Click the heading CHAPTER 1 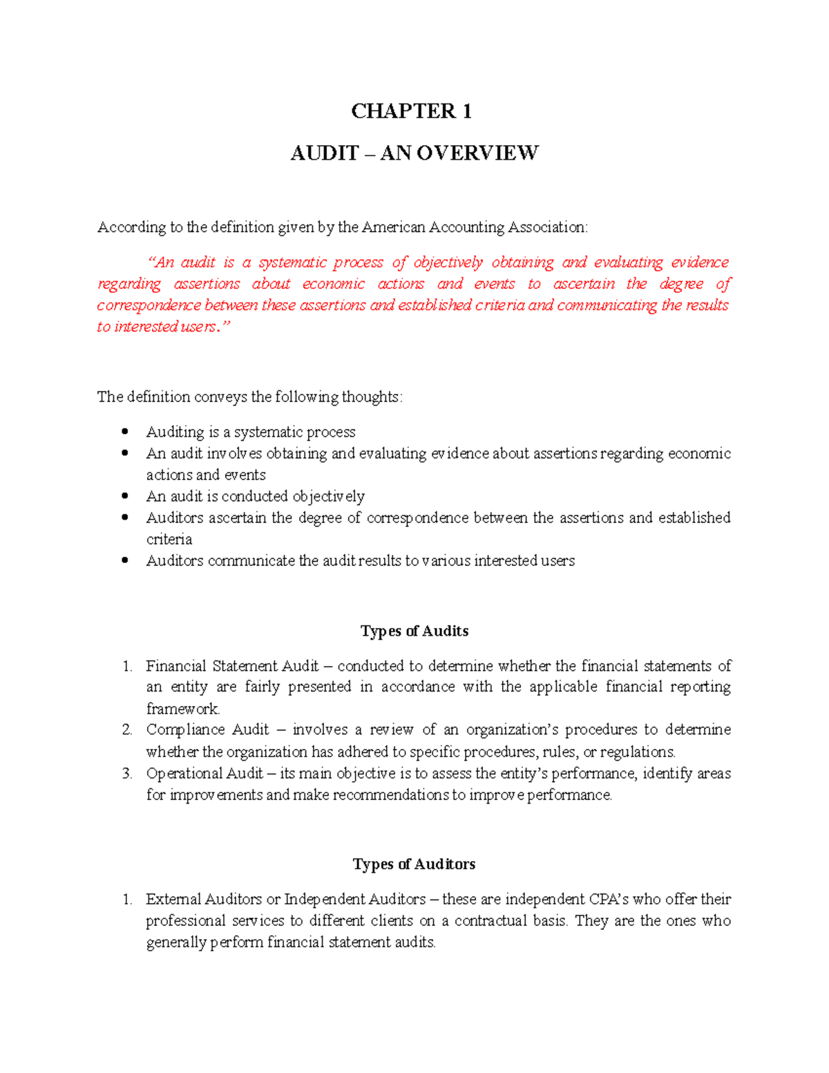411,111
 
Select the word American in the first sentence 394,227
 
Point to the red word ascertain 584,284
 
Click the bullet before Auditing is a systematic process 125,432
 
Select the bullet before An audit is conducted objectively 125,496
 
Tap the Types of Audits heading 414,631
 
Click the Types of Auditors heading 414,864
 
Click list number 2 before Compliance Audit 127,730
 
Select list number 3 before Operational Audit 127,774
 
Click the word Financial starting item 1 176,666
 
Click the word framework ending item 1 182,709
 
